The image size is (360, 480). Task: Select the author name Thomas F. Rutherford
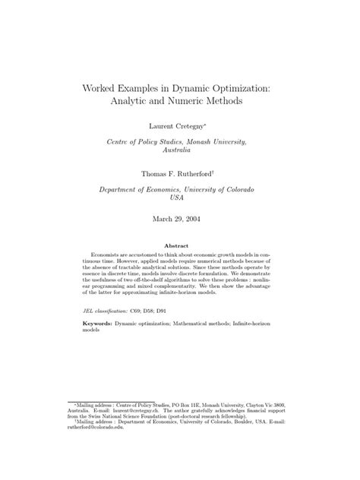pos(178,173)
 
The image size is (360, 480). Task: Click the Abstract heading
pos(180,245)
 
